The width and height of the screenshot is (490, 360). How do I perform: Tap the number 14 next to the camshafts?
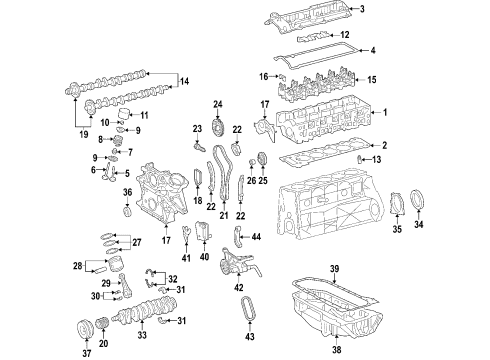point(182,79)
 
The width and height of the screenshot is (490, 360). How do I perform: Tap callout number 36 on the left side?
point(127,193)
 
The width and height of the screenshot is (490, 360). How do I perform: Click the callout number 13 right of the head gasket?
point(377,160)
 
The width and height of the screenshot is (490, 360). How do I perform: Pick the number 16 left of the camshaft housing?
point(264,76)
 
